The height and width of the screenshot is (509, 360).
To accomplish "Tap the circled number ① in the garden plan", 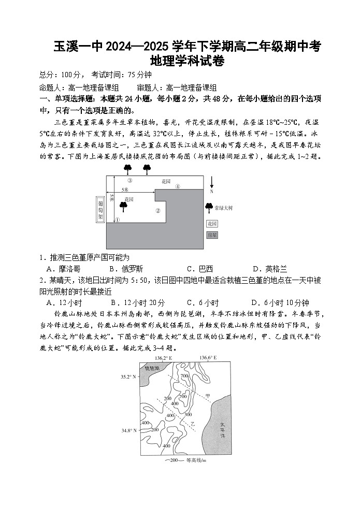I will (x=117, y=220).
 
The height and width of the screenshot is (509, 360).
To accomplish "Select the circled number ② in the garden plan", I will (x=158, y=210).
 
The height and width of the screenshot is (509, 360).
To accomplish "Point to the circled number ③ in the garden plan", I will (x=129, y=181).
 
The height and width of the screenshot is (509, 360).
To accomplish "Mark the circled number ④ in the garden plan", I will (x=177, y=186).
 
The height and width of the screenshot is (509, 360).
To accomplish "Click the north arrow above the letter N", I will (x=211, y=182).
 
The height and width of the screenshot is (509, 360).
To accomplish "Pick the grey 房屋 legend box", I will (x=212, y=235).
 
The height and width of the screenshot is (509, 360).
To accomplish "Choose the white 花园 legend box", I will (x=212, y=224).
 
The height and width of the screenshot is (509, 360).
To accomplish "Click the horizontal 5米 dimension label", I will (x=125, y=189).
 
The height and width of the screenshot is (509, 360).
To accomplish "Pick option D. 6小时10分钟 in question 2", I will (x=280, y=303).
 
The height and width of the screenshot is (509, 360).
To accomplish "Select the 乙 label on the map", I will (x=192, y=423).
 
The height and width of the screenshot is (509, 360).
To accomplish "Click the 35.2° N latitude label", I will (x=128, y=376).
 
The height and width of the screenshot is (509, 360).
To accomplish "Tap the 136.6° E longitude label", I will (x=207, y=358).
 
